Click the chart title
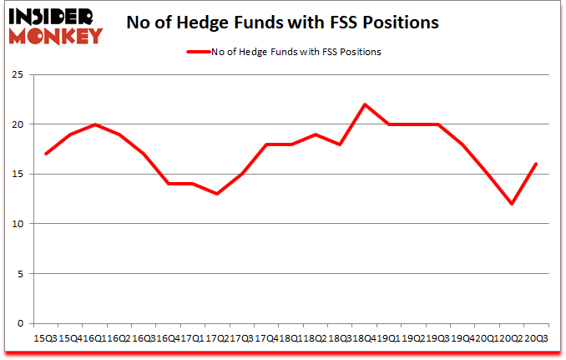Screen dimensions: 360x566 point(282,23)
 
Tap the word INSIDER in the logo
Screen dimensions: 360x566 point(52,15)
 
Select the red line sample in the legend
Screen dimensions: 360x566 point(198,52)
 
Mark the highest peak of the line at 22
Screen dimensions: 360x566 point(365,104)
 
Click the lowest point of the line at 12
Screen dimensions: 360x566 point(511,204)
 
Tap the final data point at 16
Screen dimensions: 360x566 point(535,164)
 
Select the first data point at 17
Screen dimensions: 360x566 point(46,154)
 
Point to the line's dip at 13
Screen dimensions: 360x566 point(218,194)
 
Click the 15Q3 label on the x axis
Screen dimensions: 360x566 point(46,337)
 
